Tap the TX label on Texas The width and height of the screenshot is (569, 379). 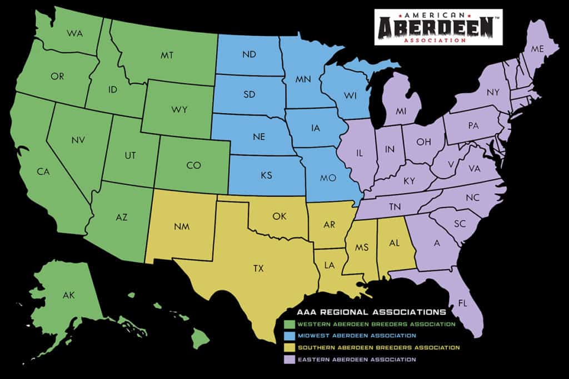click(x=258, y=269)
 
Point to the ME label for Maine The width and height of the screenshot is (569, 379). click(x=537, y=49)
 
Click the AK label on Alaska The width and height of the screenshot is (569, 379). click(x=68, y=295)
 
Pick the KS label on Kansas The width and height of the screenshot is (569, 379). click(x=266, y=175)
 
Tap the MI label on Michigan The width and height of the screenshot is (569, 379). click(x=401, y=111)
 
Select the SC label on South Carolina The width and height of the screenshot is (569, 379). click(x=459, y=224)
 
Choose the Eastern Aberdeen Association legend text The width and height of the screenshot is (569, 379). click(x=356, y=360)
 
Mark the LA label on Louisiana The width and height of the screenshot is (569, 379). click(x=330, y=266)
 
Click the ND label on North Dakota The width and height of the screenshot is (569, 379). click(x=248, y=54)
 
